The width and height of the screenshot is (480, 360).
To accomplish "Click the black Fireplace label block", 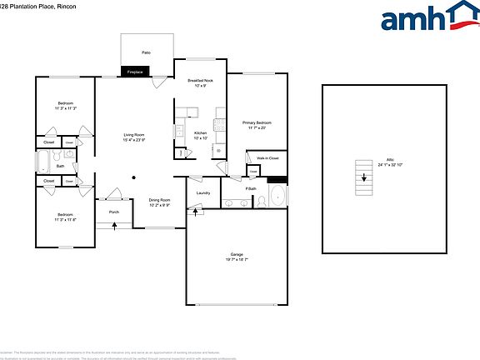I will point(135,72).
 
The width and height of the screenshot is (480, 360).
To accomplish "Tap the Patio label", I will point(146,52).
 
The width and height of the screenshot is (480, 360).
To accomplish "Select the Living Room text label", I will point(134,134).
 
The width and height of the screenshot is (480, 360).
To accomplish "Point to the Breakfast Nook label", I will point(200,81).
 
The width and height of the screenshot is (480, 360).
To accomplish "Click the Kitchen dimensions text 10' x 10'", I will point(200,138).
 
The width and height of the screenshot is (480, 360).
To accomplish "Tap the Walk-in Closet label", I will point(267,157).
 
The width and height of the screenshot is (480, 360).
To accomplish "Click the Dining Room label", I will point(159,200).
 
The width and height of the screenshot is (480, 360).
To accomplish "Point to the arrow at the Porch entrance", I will point(115,225).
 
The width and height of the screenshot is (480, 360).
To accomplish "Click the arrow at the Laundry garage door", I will point(196,211).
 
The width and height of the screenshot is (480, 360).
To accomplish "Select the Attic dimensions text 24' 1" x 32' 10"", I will point(390,165).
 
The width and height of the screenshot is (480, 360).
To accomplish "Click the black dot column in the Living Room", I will point(133,176).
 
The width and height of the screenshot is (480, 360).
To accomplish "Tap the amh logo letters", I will point(413,18).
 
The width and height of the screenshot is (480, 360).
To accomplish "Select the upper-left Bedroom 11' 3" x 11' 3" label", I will point(65,105).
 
